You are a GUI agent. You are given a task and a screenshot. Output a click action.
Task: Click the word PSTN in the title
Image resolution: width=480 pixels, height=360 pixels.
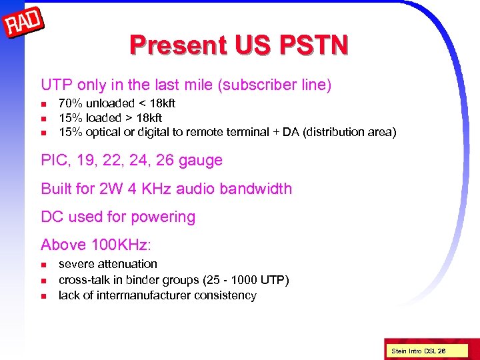point(312,45)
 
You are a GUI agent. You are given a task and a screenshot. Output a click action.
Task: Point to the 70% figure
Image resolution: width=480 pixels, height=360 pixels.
point(71,103)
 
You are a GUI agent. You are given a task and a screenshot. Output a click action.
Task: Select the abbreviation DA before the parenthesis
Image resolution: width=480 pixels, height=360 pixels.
point(291,132)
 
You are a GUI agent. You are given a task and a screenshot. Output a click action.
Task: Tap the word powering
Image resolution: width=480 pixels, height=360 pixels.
point(164,217)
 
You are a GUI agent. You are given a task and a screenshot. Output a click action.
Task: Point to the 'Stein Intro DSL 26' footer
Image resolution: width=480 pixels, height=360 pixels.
point(418,351)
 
